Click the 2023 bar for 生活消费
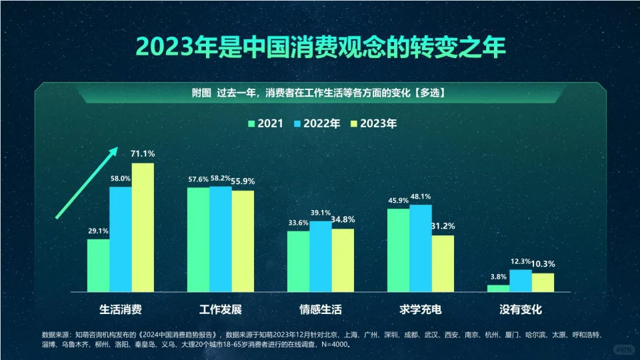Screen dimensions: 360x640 pyautogui.click(x=143, y=227)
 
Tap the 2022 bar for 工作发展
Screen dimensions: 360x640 pyautogui.click(x=221, y=239)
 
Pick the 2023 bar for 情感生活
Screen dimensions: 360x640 pyautogui.click(x=343, y=260)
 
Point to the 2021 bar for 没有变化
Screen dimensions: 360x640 pyautogui.click(x=498, y=289)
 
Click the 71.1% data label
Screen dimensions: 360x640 pyautogui.click(x=143, y=154)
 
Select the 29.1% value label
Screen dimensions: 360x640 pyautogui.click(x=98, y=231)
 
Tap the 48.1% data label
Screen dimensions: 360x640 pyautogui.click(x=421, y=197)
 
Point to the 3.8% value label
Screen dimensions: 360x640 pyautogui.click(x=498, y=277)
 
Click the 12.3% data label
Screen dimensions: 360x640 pyautogui.click(x=521, y=261)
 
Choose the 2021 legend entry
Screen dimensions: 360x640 pyautogui.click(x=266, y=123)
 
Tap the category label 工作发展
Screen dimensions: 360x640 pyautogui.click(x=221, y=310)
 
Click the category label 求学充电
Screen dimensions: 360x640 pyautogui.click(x=421, y=310)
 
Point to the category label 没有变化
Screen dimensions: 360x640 pyautogui.click(x=521, y=310)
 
